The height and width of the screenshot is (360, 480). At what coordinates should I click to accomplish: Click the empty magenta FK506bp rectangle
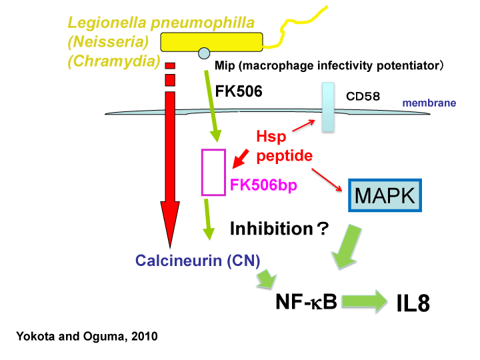point(213,173)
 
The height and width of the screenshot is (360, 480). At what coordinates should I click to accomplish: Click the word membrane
point(429,103)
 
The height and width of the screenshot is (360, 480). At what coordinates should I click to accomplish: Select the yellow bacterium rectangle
point(211,42)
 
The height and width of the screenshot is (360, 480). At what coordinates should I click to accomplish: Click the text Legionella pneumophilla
point(161,22)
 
